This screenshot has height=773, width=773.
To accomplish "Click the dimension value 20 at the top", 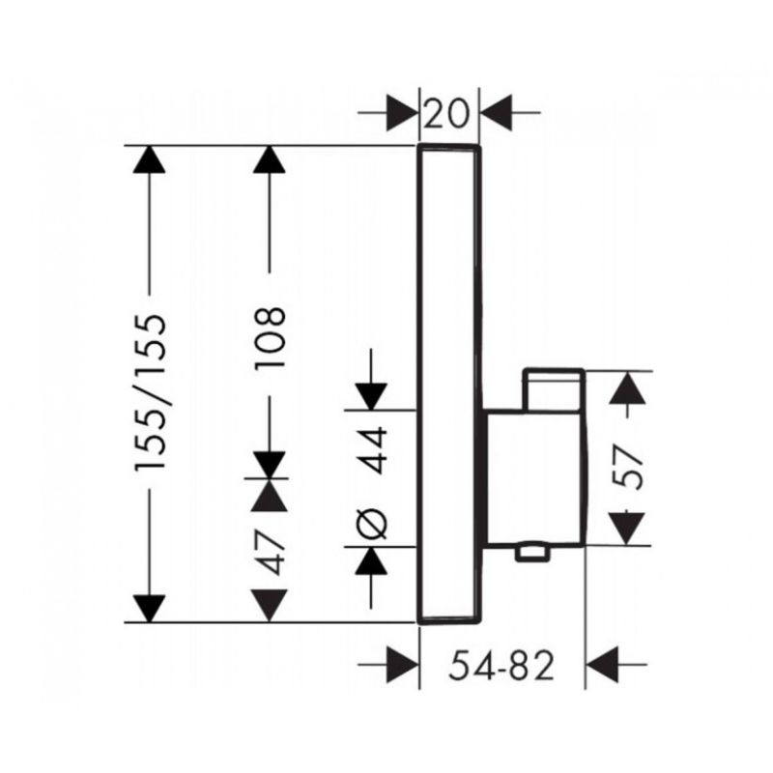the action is tap(445, 115).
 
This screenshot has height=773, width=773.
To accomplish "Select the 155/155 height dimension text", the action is tap(151, 393).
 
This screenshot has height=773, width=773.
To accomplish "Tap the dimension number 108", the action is tap(270, 337).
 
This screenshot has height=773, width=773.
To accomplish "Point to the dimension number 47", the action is tap(270, 552).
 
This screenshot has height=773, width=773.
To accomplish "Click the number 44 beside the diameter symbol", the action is tap(372, 450).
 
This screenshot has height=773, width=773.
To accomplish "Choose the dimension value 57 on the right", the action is tap(627, 467).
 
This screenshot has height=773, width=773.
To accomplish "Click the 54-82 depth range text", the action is tap(501, 666).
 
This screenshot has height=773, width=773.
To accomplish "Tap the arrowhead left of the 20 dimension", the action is tap(402, 113).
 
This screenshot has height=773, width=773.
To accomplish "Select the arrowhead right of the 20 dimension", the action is tap(497, 113).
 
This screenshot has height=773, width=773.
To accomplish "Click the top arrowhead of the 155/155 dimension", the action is tap(149, 159).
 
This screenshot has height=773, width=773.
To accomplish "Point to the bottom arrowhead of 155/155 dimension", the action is tap(149, 609).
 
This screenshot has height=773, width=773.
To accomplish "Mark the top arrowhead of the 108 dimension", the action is tap(270, 159).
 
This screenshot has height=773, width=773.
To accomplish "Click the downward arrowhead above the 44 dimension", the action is tap(371, 396).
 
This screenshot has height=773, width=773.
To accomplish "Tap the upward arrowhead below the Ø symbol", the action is tap(371, 561).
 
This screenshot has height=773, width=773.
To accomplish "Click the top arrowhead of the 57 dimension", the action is tap(627, 387).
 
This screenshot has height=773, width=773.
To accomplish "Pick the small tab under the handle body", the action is tap(532, 553).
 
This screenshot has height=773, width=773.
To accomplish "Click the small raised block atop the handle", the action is tap(554, 389).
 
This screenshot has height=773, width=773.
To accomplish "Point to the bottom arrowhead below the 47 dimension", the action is tap(270, 606).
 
